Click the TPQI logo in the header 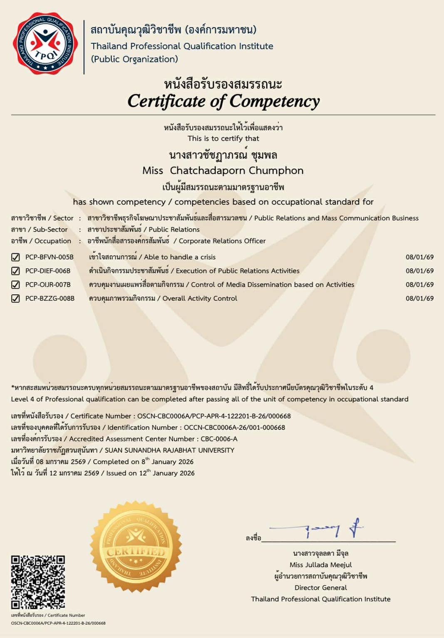(x=45, y=43)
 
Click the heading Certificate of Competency (x=223, y=101)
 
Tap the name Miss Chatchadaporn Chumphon (x=223, y=170)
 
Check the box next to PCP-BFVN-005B (x=15, y=257)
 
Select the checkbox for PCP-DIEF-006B (x=15, y=271)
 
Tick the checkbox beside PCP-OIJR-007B (x=15, y=285)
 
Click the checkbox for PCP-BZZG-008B (x=15, y=298)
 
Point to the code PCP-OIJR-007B (x=48, y=285)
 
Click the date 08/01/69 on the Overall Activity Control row (x=419, y=298)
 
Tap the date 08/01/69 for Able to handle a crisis (x=419, y=257)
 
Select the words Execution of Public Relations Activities (x=238, y=271)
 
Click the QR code (x=38, y=581)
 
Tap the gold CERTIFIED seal (x=136, y=546)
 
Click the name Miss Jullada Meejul (x=320, y=565)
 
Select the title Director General (x=320, y=588)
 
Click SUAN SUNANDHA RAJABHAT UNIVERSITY (x=169, y=450)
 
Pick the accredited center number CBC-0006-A (x=219, y=439)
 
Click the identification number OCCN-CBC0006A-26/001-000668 (x=234, y=427)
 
